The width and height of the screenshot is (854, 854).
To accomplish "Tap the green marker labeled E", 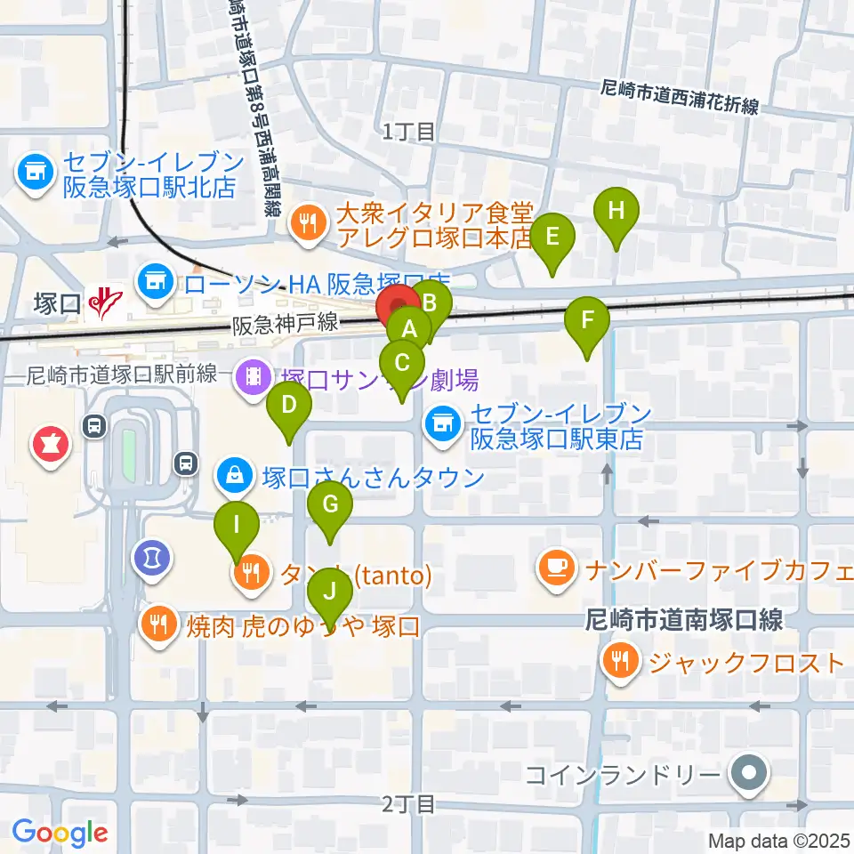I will [552, 238].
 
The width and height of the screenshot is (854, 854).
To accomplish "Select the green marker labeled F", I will [586, 320].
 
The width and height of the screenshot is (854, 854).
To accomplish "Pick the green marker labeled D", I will [289, 407].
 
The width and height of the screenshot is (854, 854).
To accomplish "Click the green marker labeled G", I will [330, 506].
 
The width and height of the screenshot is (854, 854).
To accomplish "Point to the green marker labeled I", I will [236, 524].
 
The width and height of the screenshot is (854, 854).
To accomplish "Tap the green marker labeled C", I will [402, 364].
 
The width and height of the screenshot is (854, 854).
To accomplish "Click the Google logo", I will [60, 833].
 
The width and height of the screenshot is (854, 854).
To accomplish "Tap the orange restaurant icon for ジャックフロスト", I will [616, 661].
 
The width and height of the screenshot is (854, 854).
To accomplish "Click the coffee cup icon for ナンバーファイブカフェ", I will [557, 567].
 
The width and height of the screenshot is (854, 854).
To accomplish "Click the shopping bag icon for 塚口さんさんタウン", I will [232, 476].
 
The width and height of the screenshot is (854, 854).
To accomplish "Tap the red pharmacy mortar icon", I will [48, 443].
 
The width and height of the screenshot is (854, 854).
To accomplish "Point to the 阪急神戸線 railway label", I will [286, 325].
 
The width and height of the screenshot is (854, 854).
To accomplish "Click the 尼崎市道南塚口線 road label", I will [683, 620].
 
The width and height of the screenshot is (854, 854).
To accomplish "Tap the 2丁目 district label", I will [409, 805].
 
